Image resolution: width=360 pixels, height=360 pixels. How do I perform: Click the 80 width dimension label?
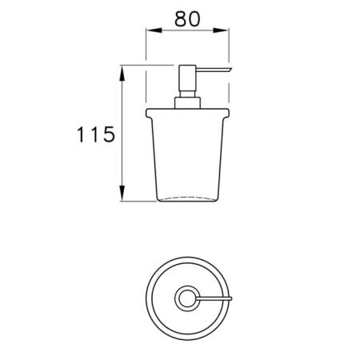(187, 18)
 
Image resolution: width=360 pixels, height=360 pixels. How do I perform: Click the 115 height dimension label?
(96, 134)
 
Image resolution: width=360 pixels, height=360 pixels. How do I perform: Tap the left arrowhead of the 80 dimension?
(154, 30)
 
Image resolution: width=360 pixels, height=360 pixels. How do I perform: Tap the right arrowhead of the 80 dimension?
(221, 30)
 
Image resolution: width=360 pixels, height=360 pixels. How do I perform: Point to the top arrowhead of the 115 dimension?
(122, 74)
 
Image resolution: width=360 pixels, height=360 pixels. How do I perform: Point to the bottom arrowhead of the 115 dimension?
(122, 193)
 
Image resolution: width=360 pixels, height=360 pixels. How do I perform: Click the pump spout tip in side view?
(229, 70)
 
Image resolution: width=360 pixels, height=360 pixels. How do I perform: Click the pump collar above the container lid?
(187, 103)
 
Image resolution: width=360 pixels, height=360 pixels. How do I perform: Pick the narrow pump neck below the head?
(187, 94)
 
